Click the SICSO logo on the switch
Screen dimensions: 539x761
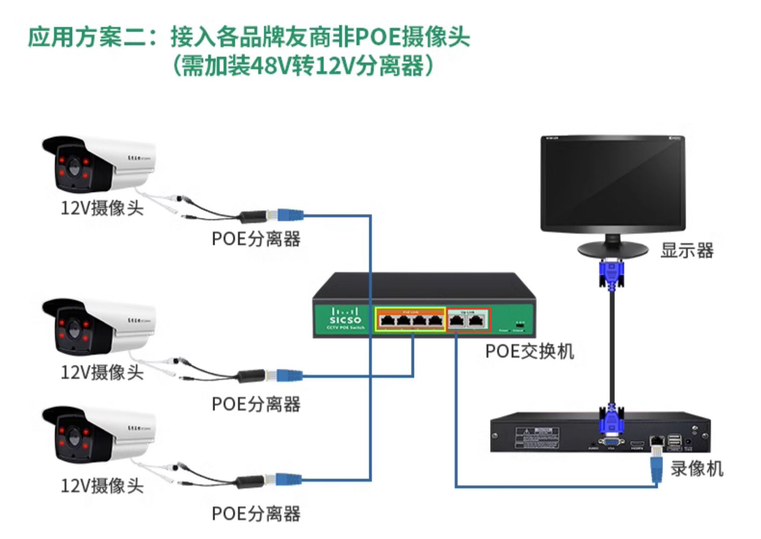345,319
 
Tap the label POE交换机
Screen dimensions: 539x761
529,351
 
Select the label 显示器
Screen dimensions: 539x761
687,250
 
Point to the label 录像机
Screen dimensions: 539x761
697,469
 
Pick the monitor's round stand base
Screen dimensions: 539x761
612,249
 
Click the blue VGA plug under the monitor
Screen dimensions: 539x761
612,274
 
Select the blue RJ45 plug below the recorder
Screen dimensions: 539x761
657,468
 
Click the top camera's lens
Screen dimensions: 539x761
74,167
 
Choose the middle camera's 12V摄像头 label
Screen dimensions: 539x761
102,372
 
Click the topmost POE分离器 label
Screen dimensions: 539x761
256,239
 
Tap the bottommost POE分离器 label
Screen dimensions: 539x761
256,513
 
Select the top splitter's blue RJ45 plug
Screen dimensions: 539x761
289,215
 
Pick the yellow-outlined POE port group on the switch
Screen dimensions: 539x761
410,320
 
